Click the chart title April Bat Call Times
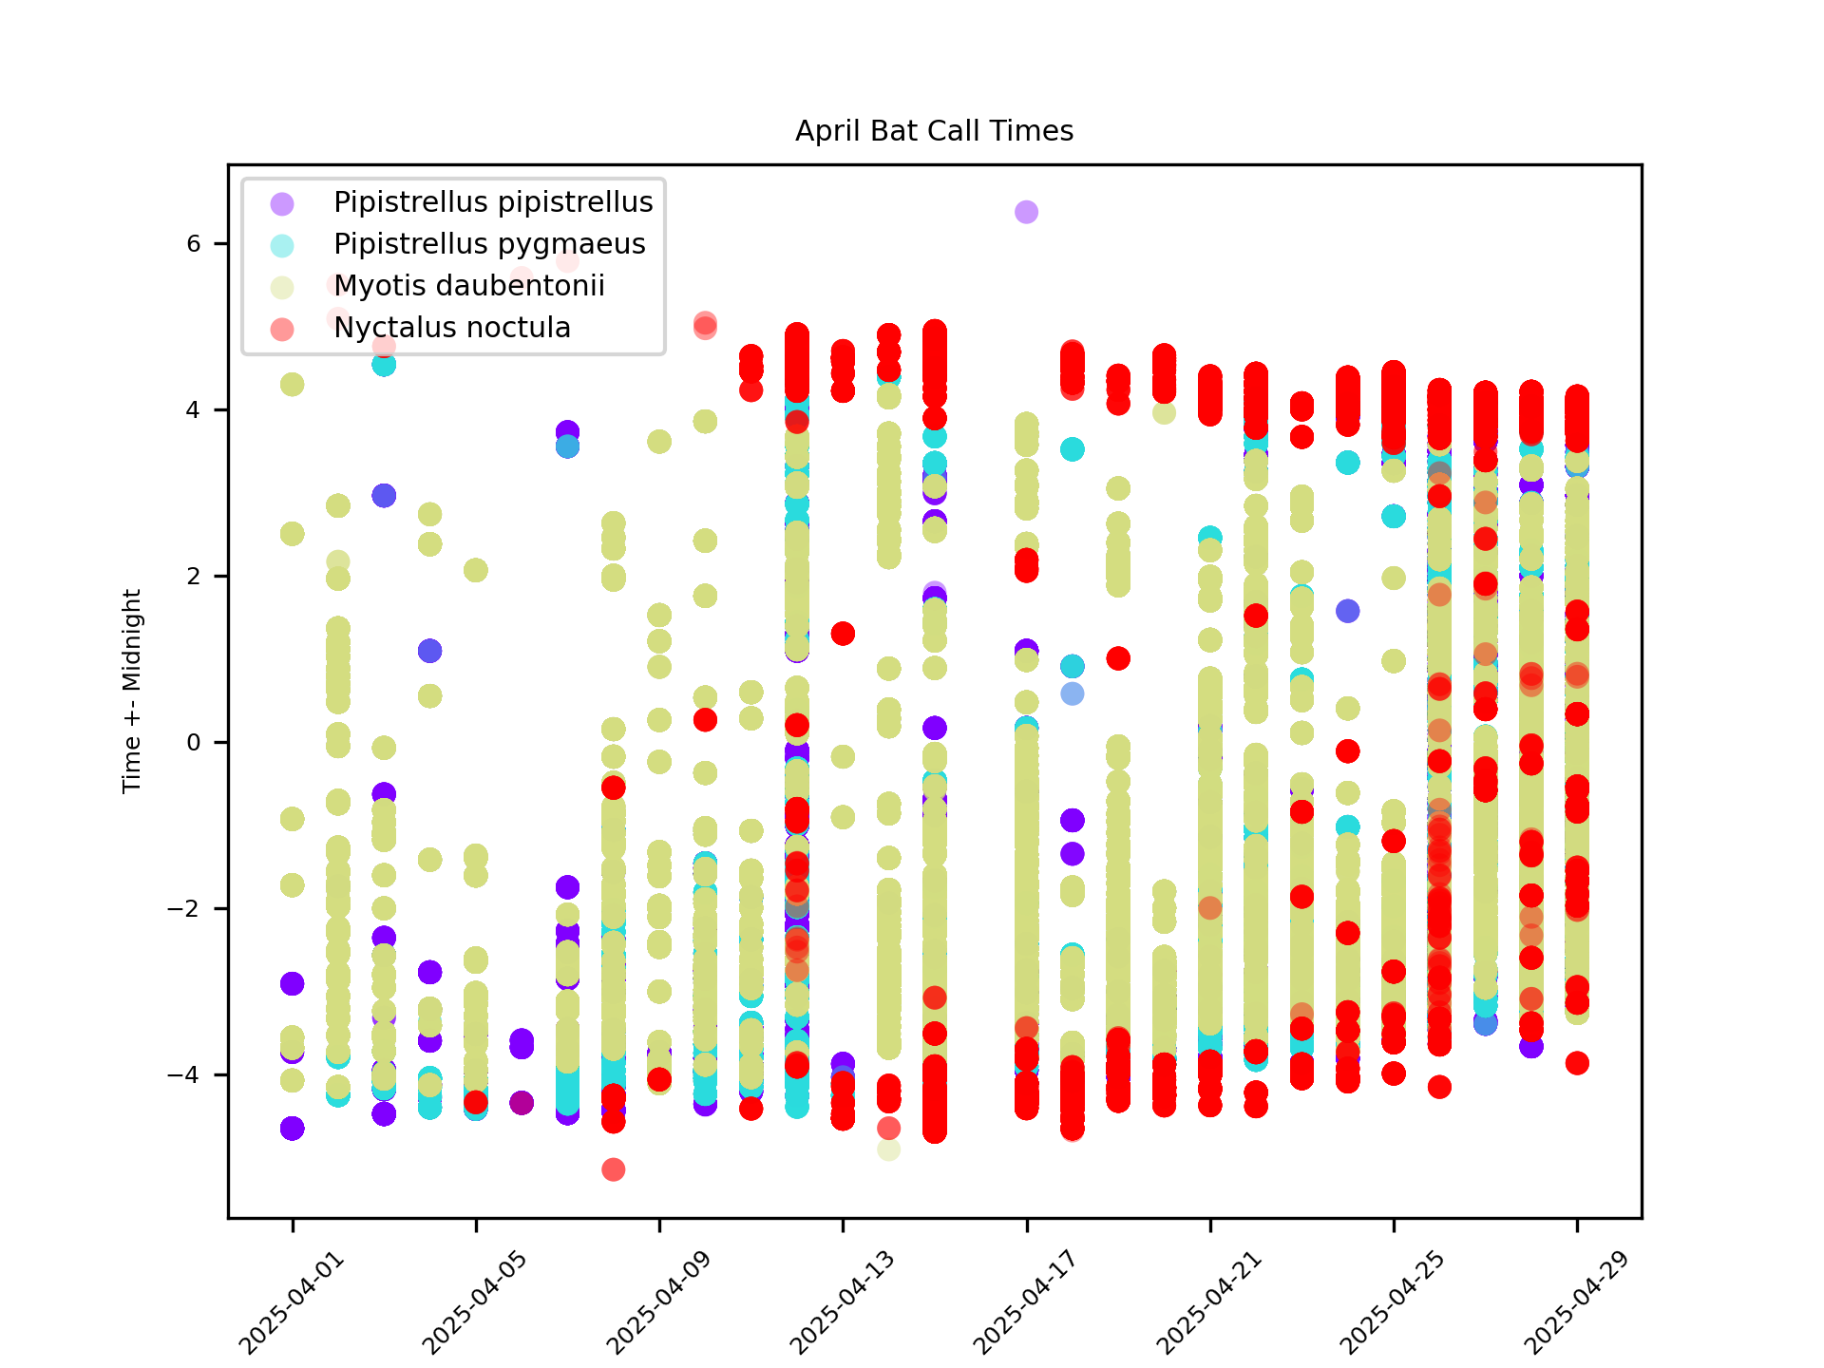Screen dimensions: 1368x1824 point(934,131)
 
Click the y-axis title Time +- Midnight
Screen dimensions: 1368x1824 point(132,691)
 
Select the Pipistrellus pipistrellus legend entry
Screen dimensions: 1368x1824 point(493,202)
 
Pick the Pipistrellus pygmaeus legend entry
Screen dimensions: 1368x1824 point(489,244)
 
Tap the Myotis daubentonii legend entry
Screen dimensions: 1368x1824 point(469,286)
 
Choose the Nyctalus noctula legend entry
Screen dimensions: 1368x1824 point(452,328)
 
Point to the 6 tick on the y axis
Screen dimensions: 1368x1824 point(194,244)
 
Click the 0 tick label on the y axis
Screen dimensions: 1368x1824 point(194,743)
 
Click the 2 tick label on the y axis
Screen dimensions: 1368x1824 point(194,577)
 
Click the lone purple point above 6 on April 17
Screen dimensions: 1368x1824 point(1026,212)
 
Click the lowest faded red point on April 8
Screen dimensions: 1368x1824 point(614,1169)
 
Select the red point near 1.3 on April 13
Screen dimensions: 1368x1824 point(843,634)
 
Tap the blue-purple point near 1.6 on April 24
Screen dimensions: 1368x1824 point(1347,611)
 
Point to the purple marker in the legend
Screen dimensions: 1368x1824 point(282,203)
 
